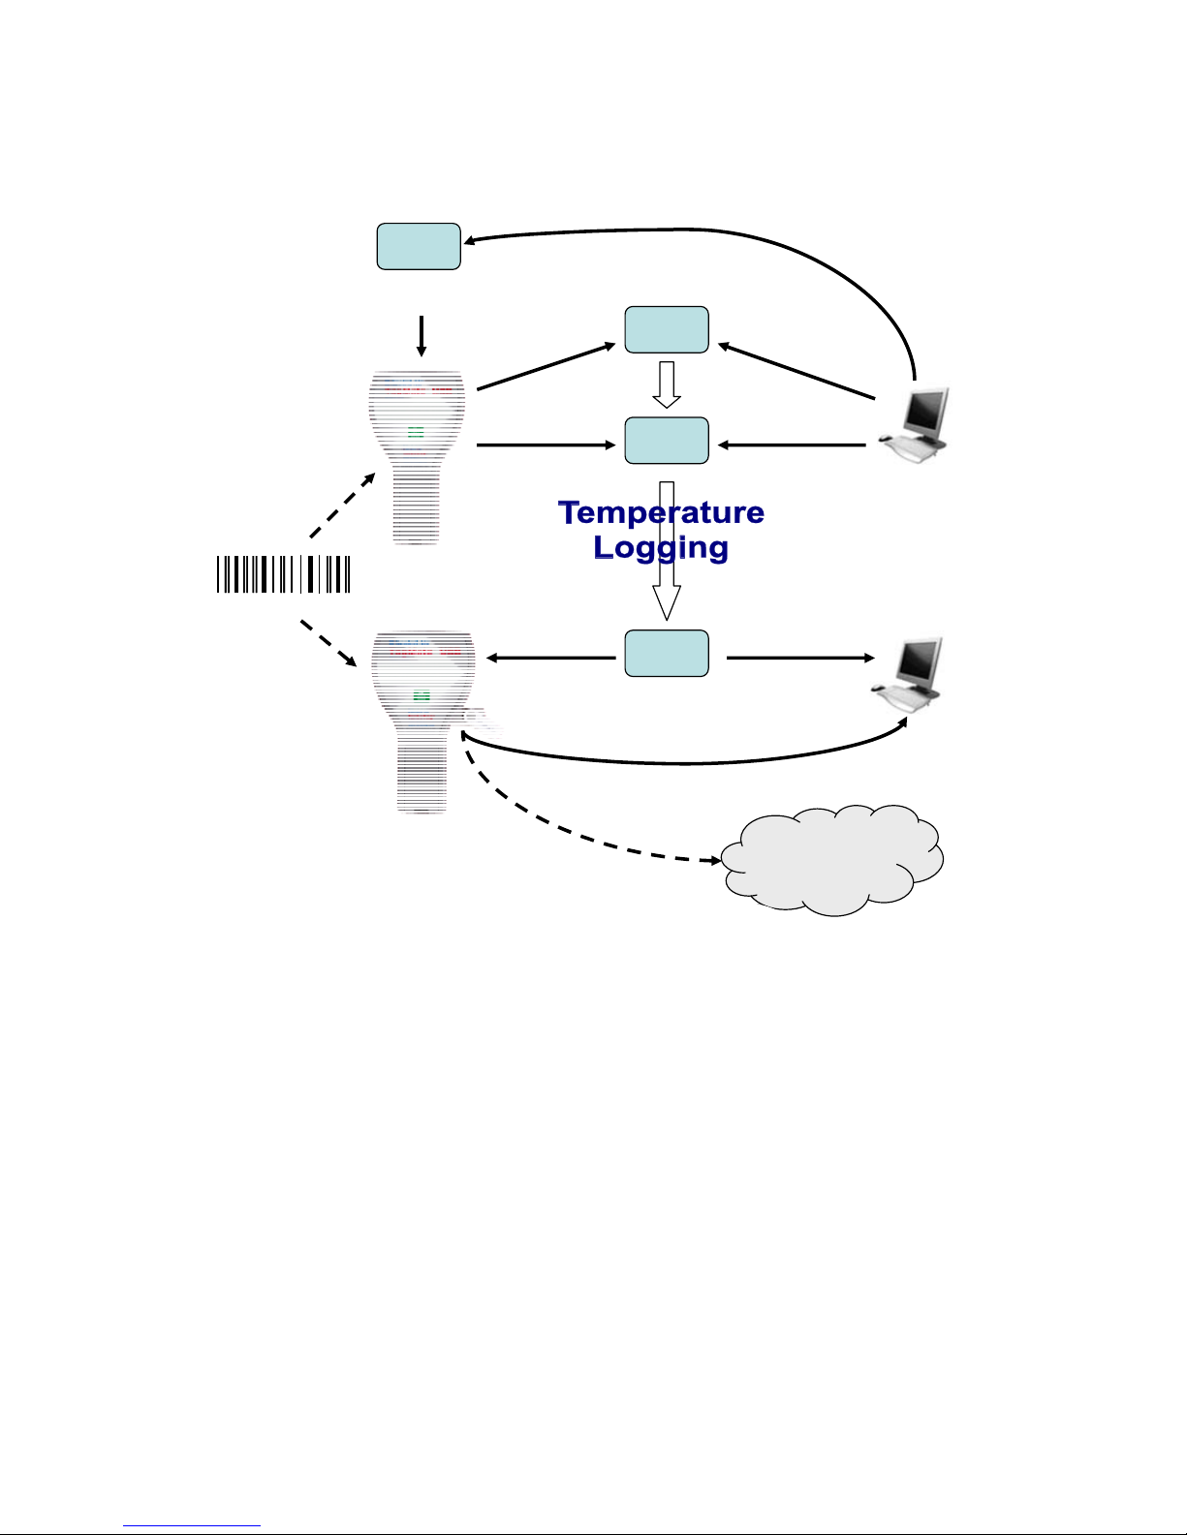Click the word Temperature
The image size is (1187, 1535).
(x=661, y=513)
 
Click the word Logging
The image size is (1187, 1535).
(x=661, y=548)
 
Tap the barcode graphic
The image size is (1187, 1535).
(x=283, y=574)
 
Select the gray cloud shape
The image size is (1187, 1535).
(x=832, y=860)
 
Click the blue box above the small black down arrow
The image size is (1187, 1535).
(x=419, y=247)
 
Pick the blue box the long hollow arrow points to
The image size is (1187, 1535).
(x=667, y=654)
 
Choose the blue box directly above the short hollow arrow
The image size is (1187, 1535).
(x=667, y=329)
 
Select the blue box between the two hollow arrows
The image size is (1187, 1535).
(x=667, y=440)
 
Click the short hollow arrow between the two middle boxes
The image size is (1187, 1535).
(x=667, y=385)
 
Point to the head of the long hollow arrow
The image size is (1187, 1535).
(x=667, y=620)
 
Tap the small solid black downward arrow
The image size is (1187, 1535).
(x=422, y=336)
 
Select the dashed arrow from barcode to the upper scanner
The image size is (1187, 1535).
(x=342, y=506)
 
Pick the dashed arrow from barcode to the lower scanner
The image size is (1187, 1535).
(x=328, y=643)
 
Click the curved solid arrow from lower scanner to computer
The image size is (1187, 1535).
(x=684, y=763)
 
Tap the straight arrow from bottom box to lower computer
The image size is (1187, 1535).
(x=800, y=659)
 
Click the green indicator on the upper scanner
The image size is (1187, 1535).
(x=416, y=432)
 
